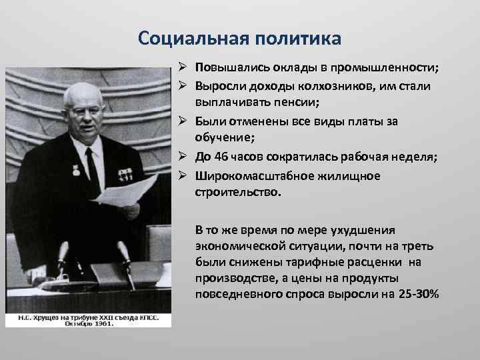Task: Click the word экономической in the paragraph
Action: pos(232,246)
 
